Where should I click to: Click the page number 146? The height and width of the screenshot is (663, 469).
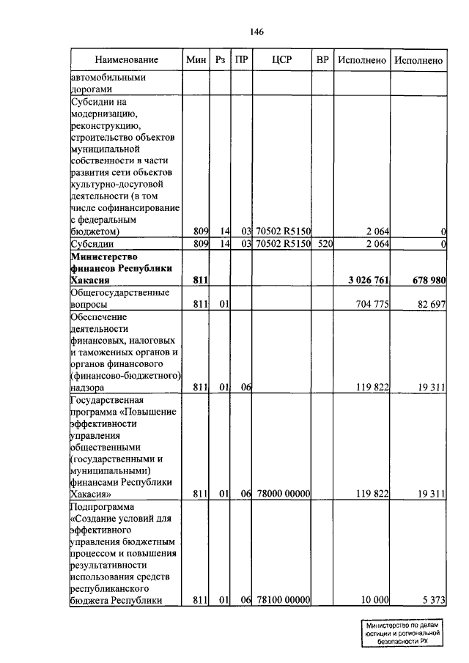pyautogui.click(x=256, y=32)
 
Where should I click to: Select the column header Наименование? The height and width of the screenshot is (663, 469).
pyautogui.click(x=126, y=59)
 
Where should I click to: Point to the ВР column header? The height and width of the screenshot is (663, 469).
pyautogui.click(x=322, y=59)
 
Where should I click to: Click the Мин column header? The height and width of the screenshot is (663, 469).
pyautogui.click(x=196, y=59)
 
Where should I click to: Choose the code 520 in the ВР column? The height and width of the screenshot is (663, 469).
pyautogui.click(x=322, y=244)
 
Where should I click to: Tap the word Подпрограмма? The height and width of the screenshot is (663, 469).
pyautogui.click(x=100, y=506)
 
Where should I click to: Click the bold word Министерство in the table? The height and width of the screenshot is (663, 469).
pyautogui.click(x=101, y=256)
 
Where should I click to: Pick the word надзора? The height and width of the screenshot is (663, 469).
pyautogui.click(x=86, y=387)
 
